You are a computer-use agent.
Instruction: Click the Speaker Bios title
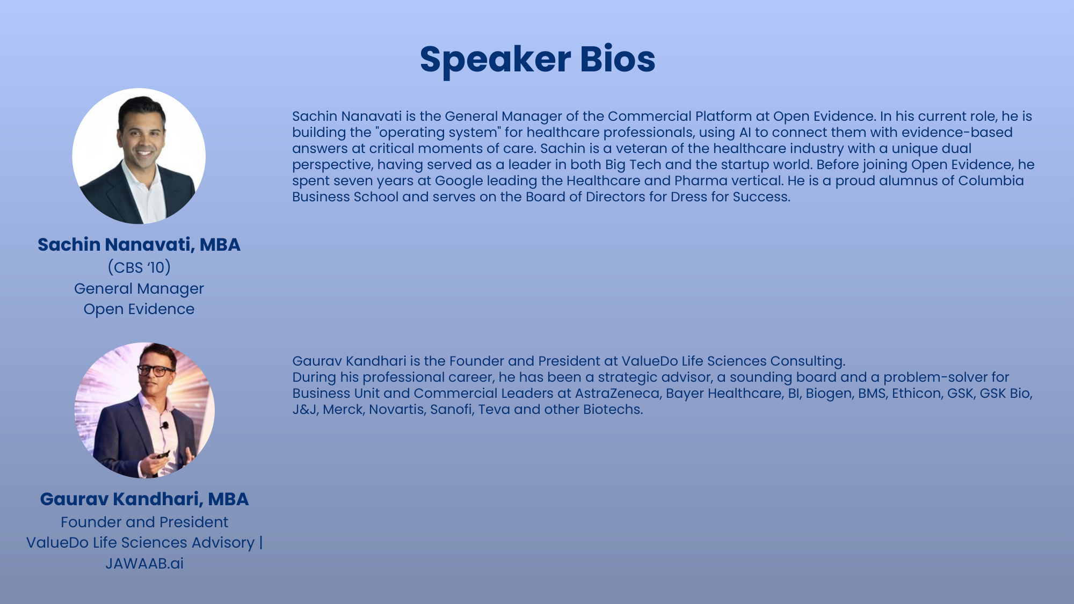coord(537,59)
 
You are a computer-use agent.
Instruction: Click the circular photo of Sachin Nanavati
coord(139,156)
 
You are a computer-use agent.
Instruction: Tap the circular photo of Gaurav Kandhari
coord(144,410)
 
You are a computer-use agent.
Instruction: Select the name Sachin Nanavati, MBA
coord(139,245)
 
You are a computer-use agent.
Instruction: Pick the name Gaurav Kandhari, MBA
coord(144,499)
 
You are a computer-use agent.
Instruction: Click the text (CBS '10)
coord(139,267)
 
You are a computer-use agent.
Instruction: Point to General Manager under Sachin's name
coord(139,289)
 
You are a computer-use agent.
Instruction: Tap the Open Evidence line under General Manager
coord(139,309)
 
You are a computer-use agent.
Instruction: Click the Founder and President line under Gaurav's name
coord(144,522)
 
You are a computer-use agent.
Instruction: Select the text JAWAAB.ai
coord(144,564)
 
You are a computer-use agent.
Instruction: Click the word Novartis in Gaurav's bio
coord(396,410)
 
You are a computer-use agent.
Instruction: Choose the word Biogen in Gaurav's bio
coord(829,394)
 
